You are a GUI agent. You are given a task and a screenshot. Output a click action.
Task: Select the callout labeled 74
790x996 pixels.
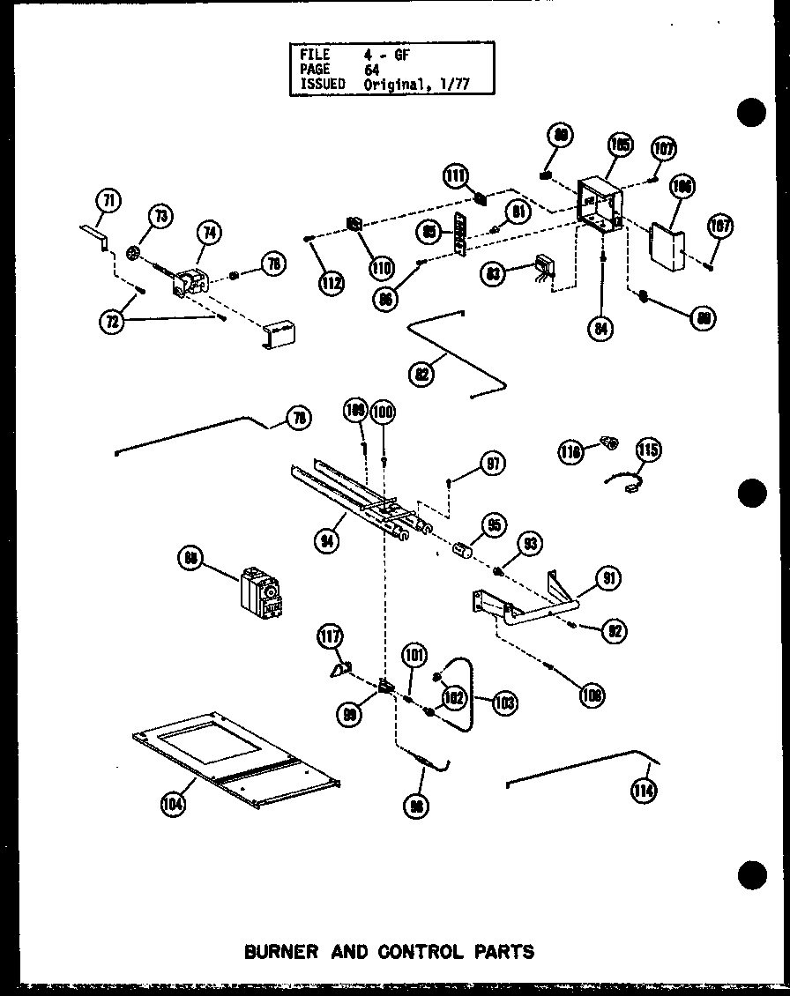[209, 234]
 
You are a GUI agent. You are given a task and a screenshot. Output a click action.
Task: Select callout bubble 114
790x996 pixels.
[644, 791]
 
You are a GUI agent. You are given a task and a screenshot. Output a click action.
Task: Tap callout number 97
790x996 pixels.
[491, 464]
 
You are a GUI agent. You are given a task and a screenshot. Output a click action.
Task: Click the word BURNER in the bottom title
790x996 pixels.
[273, 951]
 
